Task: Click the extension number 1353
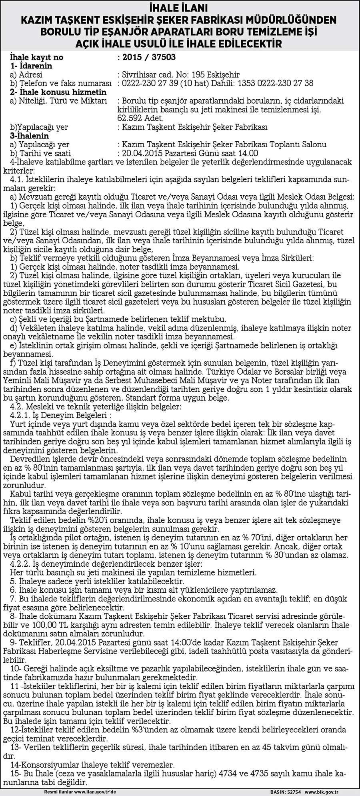(248, 83)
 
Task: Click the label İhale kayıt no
(36, 58)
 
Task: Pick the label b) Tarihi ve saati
(40, 153)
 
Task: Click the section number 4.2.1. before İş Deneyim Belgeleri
(24, 416)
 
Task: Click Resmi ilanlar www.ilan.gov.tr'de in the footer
(80, 792)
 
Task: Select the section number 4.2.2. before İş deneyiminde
(24, 563)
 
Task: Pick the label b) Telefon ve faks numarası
(60, 83)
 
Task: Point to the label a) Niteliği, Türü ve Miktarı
(58, 101)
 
